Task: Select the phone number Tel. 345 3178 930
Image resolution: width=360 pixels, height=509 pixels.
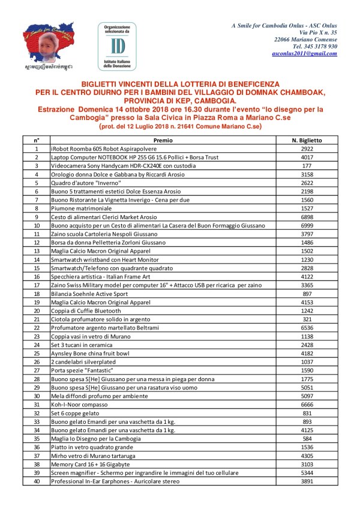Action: click(314, 46)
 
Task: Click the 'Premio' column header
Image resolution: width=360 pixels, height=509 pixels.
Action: click(163, 140)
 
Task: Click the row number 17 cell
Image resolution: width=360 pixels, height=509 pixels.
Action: click(37, 285)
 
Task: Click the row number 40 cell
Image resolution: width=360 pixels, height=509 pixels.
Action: click(37, 481)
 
